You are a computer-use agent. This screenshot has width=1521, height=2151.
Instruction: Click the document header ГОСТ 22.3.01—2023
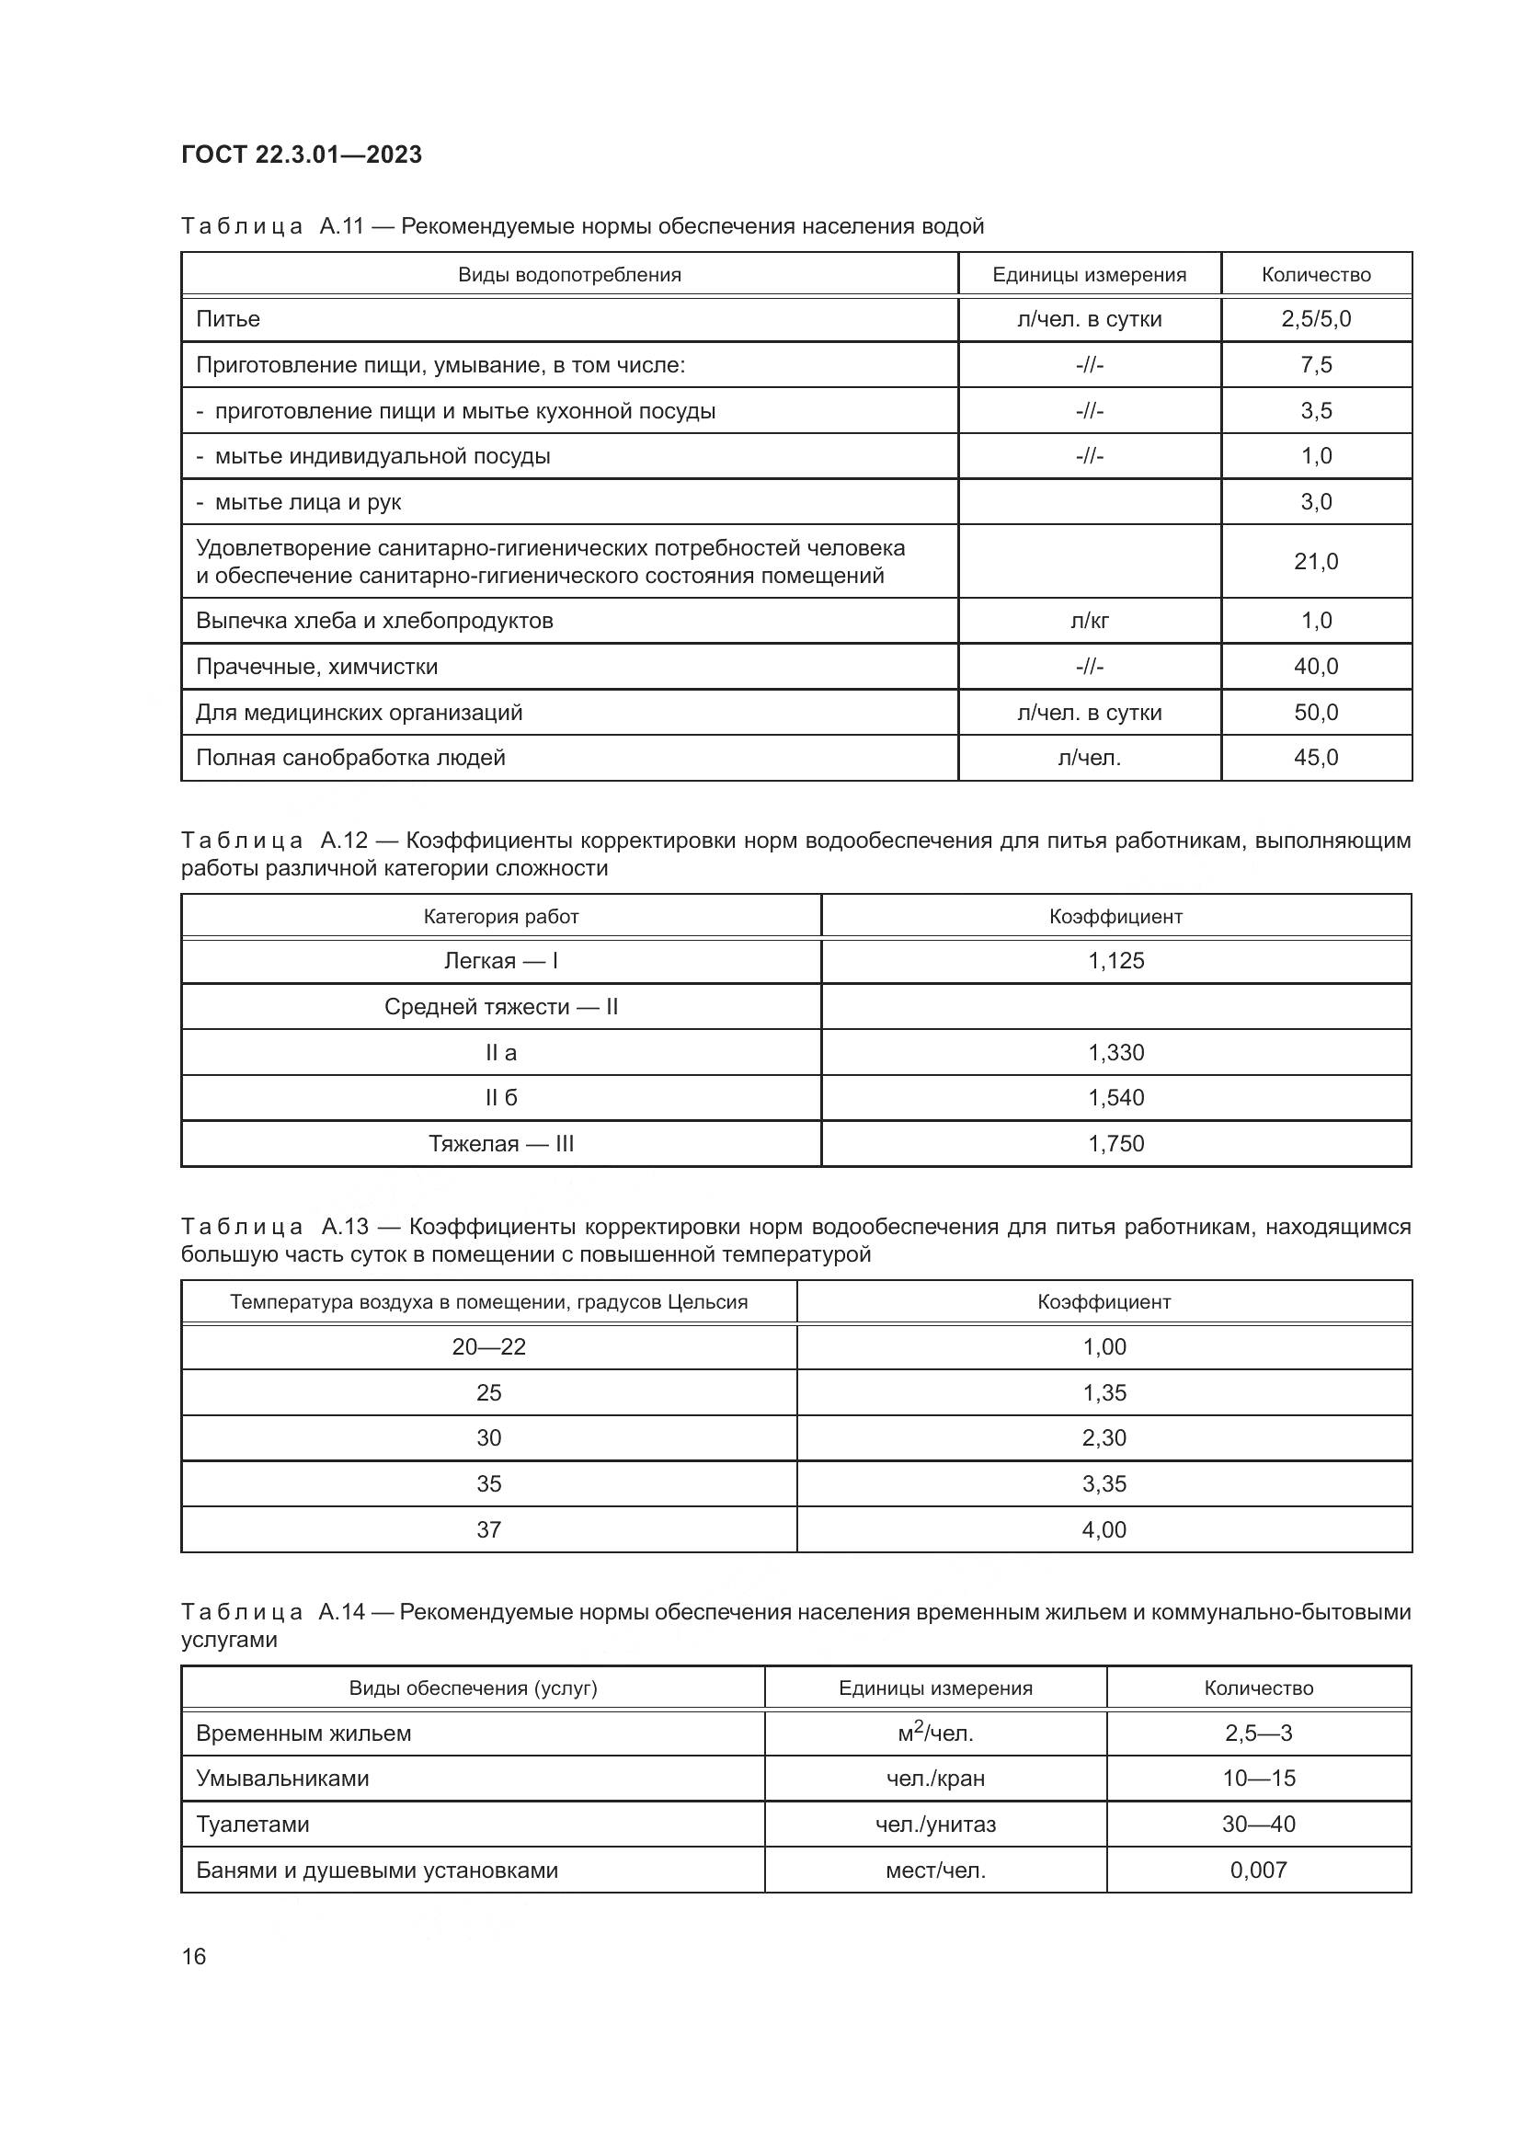(302, 154)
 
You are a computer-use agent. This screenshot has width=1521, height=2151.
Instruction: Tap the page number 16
(194, 1956)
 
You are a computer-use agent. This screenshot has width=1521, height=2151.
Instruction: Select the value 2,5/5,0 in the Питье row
(1316, 319)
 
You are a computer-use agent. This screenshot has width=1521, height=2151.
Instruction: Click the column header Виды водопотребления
(569, 274)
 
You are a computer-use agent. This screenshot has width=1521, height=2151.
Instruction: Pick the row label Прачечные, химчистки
(316, 667)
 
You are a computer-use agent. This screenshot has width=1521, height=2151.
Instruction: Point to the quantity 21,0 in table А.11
(1316, 562)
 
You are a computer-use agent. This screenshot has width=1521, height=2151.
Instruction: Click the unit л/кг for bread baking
(1089, 621)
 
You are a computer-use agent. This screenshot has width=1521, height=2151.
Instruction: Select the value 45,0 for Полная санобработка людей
(1316, 758)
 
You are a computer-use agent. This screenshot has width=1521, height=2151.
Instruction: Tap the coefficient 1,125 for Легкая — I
(1115, 961)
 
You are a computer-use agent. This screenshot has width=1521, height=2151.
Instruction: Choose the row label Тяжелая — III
(501, 1144)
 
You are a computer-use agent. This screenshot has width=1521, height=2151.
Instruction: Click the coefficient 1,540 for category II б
(1115, 1098)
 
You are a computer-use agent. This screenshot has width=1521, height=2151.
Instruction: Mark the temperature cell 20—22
(489, 1347)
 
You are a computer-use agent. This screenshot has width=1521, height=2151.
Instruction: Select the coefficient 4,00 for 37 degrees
(1104, 1530)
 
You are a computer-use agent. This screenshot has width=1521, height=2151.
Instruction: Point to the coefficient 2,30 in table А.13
(1104, 1438)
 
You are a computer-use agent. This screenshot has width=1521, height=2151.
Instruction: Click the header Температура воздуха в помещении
(489, 1302)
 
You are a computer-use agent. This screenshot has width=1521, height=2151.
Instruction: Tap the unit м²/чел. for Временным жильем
(935, 1733)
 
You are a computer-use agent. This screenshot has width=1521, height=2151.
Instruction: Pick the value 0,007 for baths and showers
(1259, 1870)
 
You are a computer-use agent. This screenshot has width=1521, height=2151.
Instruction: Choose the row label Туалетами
(253, 1824)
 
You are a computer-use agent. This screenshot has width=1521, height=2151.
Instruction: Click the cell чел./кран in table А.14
(935, 1779)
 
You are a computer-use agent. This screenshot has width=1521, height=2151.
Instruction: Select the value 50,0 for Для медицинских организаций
(1316, 713)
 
